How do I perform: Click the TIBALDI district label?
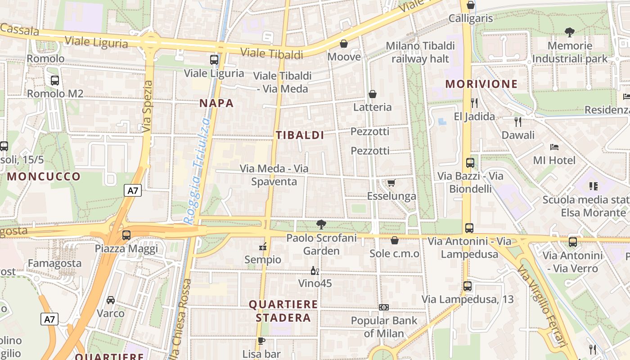300,135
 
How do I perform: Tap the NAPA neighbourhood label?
216,103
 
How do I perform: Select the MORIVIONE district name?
481,84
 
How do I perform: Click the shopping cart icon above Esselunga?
391,183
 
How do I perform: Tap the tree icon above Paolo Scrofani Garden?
321,224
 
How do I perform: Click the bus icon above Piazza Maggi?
126,235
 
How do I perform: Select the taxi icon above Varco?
110,300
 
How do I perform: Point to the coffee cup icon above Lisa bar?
261,341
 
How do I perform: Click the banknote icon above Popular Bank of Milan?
384,307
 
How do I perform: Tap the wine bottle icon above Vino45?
315,270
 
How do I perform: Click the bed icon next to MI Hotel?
554,147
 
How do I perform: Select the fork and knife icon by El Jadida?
474,103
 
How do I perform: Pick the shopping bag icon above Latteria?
372,94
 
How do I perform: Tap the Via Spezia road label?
148,107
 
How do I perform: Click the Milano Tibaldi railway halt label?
420,52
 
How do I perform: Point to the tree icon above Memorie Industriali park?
570,32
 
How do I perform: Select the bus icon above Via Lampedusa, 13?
468,286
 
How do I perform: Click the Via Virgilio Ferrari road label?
542,306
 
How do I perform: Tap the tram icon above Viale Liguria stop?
214,59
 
